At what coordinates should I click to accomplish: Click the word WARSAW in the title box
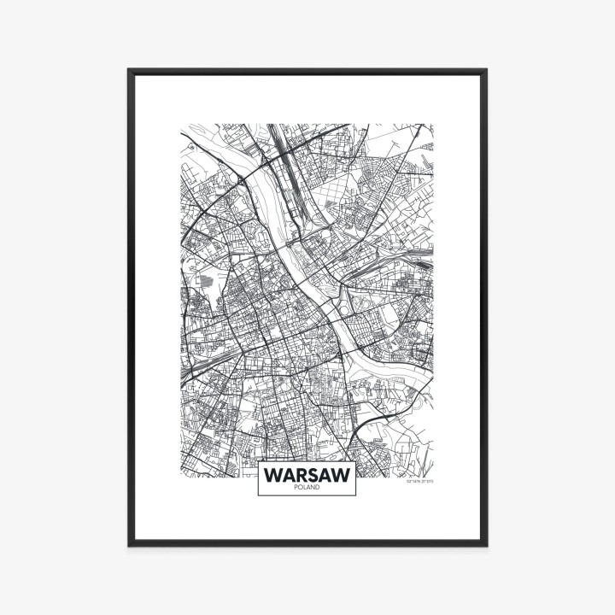pos(307,474)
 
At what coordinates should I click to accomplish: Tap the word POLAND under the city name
pos(307,487)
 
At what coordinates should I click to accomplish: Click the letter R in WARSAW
pos(301,474)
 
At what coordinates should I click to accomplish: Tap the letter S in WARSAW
pos(313,474)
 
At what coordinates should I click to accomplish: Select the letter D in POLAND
pos(319,487)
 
